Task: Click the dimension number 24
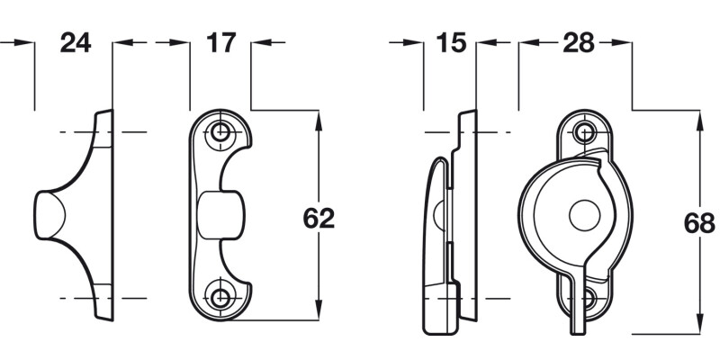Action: point(76,42)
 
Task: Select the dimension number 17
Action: point(220,42)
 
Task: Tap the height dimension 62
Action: point(319,219)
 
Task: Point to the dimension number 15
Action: point(449,42)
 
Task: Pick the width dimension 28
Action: point(576,42)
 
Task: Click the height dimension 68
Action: point(699,223)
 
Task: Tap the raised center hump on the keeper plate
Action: point(220,214)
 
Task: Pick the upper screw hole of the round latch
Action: point(587,132)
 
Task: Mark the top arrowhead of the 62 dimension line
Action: point(319,118)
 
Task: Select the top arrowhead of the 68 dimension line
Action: point(699,118)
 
